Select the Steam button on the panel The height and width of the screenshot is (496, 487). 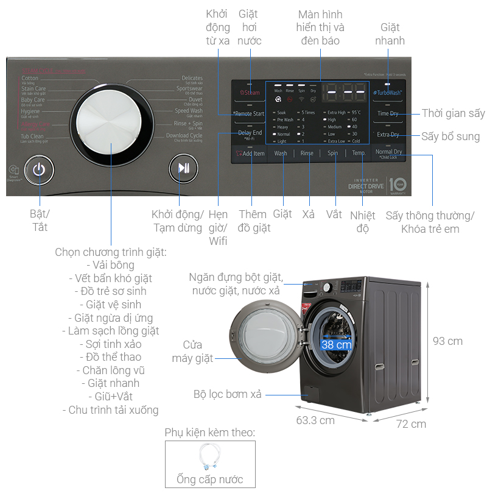point(250,93)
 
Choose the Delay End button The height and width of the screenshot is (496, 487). point(250,133)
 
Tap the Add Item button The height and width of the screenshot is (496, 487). point(251,154)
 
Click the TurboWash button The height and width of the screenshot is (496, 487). point(388,93)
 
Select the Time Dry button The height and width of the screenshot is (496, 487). point(388,113)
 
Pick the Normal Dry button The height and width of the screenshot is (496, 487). point(388,152)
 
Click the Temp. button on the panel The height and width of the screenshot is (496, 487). point(359,154)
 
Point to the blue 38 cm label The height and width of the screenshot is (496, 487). point(336,344)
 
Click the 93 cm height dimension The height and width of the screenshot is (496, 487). point(447,341)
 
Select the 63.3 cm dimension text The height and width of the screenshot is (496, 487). point(315,420)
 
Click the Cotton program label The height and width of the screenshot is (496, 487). point(30,79)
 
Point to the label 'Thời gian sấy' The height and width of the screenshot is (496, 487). point(453,113)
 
